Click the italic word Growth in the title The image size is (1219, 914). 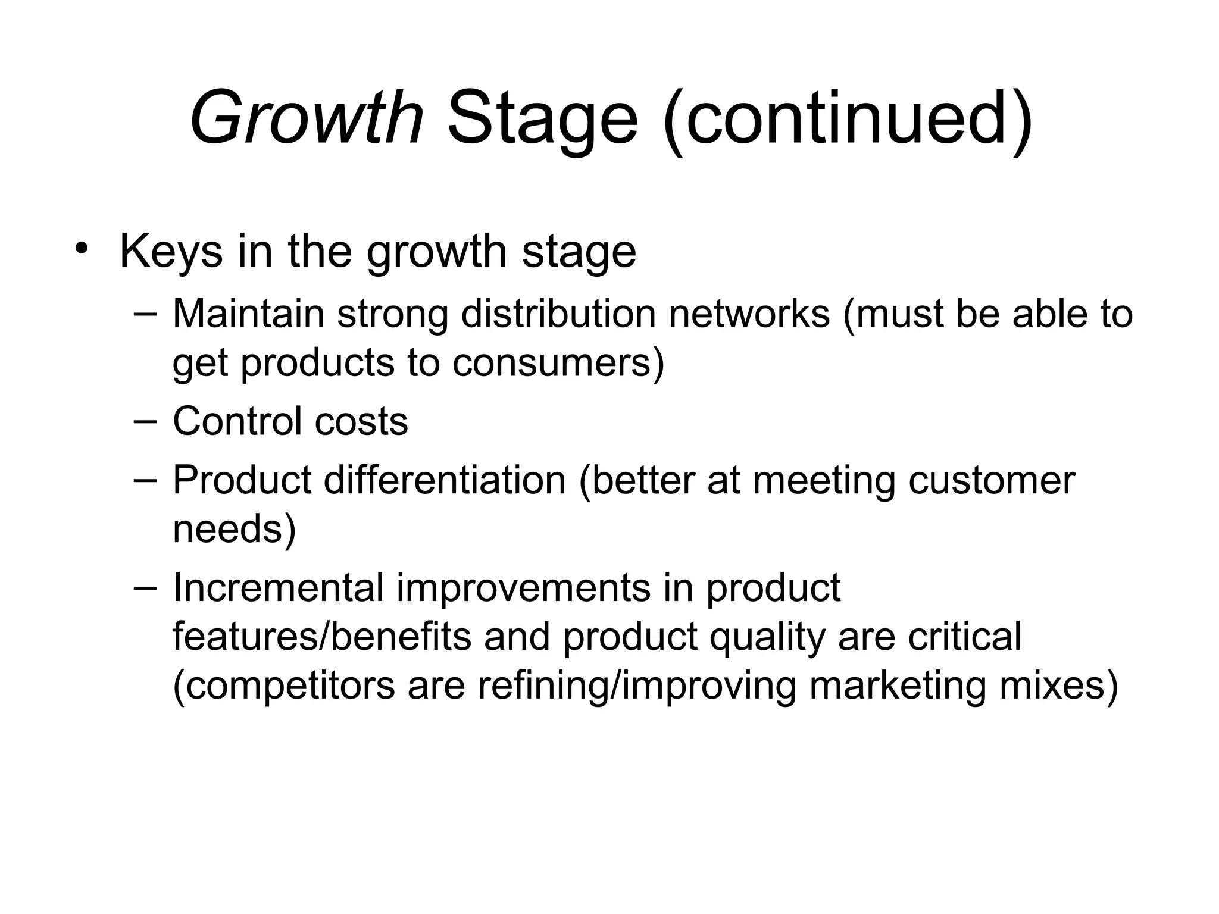click(307, 119)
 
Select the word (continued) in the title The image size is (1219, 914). click(848, 119)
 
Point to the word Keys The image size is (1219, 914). click(171, 253)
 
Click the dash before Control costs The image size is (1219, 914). click(145, 421)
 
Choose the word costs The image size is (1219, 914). click(361, 422)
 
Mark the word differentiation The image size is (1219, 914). click(444, 480)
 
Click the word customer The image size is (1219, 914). click(992, 480)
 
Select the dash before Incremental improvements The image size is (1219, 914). click(145, 587)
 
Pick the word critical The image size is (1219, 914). click(964, 637)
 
